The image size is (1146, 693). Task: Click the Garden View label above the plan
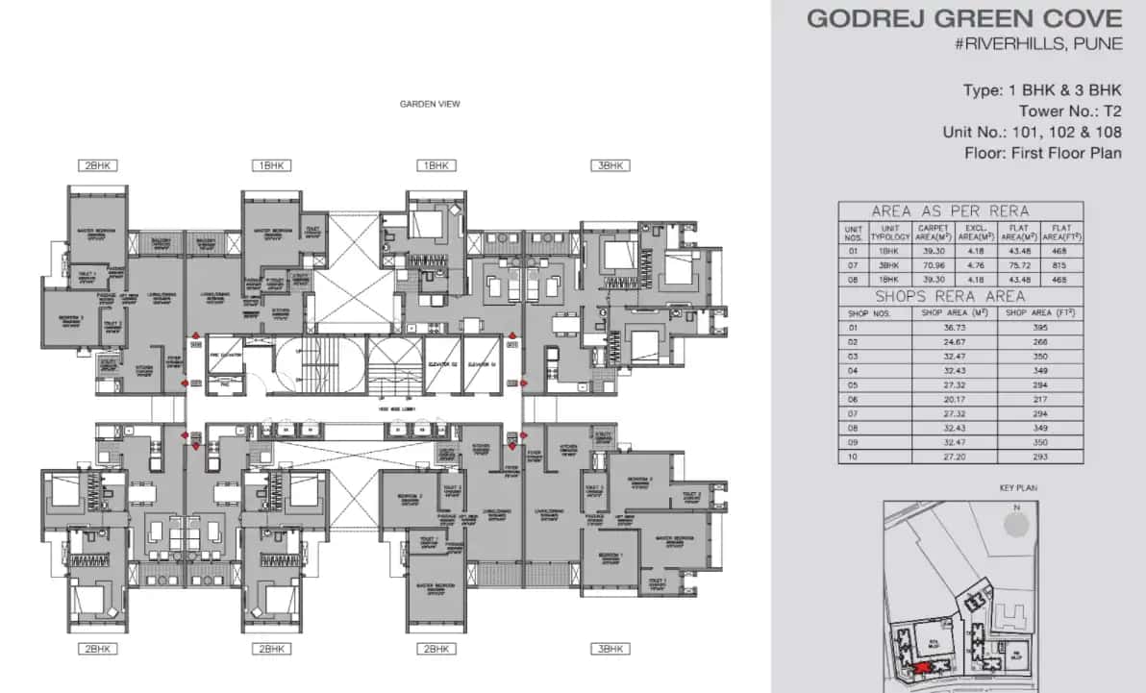coord(430,104)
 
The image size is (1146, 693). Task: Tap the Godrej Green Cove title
coord(964,18)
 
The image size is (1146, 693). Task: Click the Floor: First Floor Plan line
coord(1043,153)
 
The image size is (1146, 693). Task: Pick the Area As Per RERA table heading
coord(949,210)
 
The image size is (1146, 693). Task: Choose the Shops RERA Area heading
coord(949,296)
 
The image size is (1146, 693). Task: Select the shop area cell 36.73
coord(954,328)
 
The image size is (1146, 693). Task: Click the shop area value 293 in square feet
coord(1039,457)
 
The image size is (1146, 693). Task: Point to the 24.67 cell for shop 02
coord(954,342)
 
